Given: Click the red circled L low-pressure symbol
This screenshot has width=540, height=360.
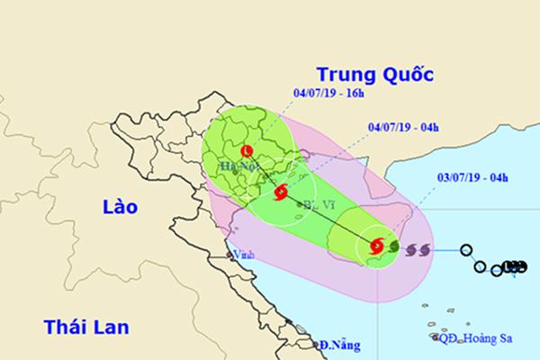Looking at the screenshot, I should pos(248,150).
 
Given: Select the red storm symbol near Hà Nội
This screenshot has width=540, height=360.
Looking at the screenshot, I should pos(280,191).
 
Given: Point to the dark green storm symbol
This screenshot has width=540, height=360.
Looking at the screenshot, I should pos(394,244).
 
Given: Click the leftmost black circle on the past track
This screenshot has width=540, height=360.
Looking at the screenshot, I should pos(467,250).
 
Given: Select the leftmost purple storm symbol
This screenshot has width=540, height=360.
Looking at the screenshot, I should pos(413,248).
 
